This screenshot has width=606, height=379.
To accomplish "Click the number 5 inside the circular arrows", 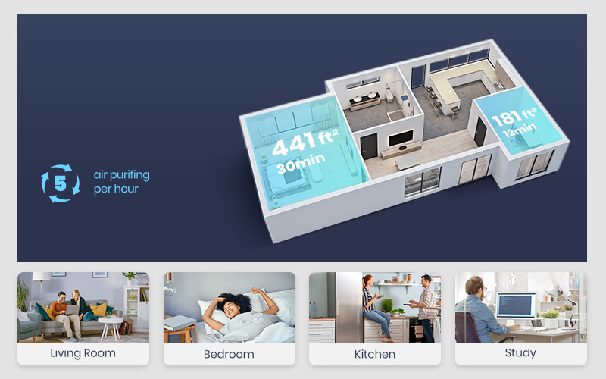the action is (x=61, y=183).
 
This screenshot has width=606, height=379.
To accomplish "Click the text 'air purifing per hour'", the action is (x=121, y=182).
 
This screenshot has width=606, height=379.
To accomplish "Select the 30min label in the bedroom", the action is (x=301, y=163).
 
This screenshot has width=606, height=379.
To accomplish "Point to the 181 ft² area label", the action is (x=514, y=116).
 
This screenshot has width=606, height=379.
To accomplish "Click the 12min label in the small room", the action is (x=520, y=130).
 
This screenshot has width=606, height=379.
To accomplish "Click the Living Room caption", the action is (x=83, y=353).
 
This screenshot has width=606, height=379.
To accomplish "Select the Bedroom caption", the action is (x=229, y=354).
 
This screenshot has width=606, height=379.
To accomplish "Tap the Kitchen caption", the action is (x=375, y=354).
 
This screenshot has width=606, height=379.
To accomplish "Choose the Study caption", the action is (x=520, y=353).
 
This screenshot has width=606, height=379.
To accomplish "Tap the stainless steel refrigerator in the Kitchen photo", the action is (x=345, y=307).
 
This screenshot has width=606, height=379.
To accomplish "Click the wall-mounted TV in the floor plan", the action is (x=401, y=138).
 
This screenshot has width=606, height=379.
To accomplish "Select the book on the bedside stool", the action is (x=180, y=323).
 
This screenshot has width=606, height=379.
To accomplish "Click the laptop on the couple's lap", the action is (x=72, y=309).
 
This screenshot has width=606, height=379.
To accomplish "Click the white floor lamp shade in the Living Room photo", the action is (x=41, y=276).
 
